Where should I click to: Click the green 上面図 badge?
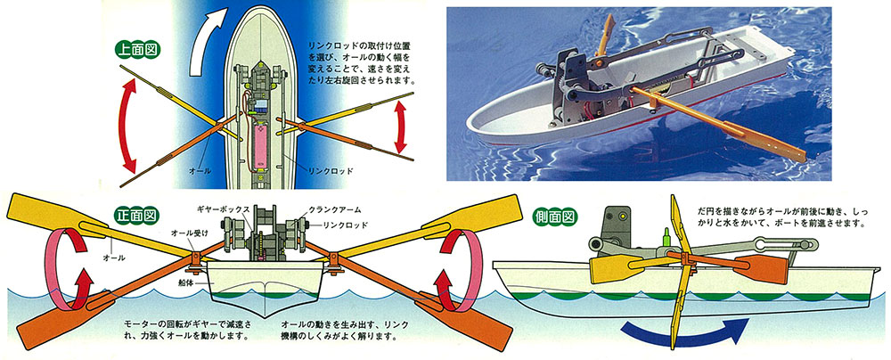[x=138, y=49]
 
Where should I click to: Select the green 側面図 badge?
[x=554, y=217]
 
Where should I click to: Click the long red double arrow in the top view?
[x=129, y=125]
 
